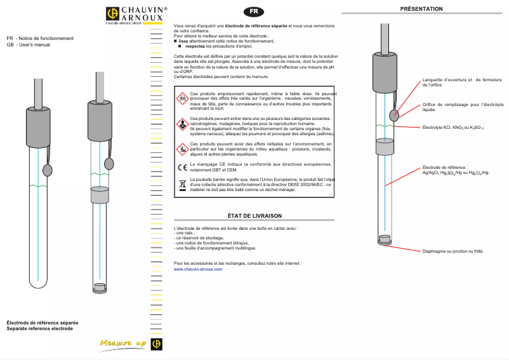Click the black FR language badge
click(253, 11)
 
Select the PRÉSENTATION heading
click(421, 8)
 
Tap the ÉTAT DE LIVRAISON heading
click(254, 216)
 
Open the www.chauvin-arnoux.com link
click(198, 269)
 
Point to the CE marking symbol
click(182, 168)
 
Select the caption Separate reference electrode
click(40, 328)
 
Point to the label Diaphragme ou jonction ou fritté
click(453, 251)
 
